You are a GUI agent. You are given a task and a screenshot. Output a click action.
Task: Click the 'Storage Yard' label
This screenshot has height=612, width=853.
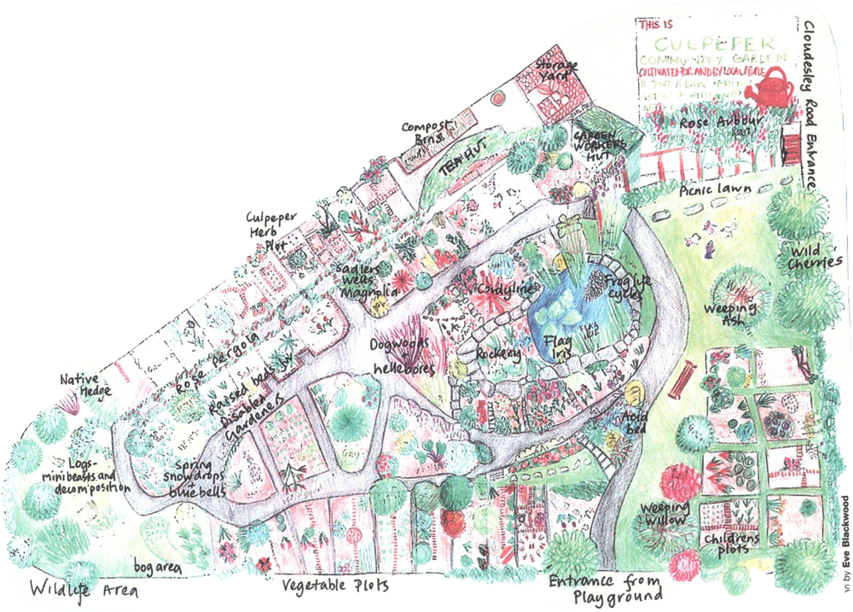(x=556, y=72)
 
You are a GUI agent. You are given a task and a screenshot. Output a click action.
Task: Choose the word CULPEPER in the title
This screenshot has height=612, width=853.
(x=722, y=43)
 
